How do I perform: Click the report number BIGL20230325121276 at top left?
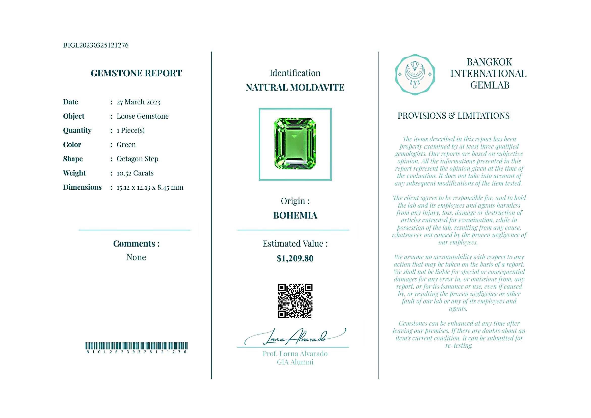[x=95, y=45]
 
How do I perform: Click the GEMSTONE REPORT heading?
[x=136, y=73]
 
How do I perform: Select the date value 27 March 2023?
[x=139, y=102]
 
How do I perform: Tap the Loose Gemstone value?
[x=143, y=116]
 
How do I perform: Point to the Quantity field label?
[x=77, y=130]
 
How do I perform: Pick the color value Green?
[x=126, y=145]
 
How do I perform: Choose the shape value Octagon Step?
[x=138, y=159]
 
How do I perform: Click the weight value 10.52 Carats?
[x=135, y=173]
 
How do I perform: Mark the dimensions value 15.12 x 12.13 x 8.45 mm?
[x=150, y=187]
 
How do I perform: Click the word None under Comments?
[x=136, y=257]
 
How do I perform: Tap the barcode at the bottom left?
[x=136, y=346]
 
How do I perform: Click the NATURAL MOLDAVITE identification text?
[x=295, y=88]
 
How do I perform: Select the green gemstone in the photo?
[x=295, y=144]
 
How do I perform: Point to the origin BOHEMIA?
[x=295, y=216]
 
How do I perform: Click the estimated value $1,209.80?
[x=295, y=258]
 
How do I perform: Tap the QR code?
[x=295, y=301]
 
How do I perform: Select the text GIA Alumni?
[x=295, y=362]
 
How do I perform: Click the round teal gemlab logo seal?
[x=415, y=75]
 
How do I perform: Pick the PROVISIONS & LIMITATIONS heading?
[x=453, y=116]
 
